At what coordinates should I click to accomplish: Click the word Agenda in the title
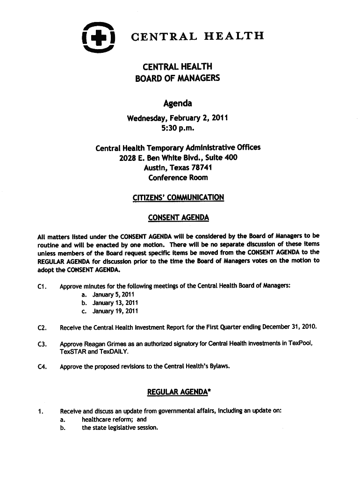(x=177, y=103)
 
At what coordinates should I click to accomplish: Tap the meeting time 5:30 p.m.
(x=177, y=127)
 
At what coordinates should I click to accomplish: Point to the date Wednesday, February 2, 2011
(x=177, y=117)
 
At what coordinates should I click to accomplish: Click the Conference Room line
(x=178, y=178)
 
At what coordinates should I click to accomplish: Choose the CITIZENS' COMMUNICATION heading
(x=178, y=197)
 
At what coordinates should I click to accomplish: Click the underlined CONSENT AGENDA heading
(x=178, y=218)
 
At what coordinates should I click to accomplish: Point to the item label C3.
(x=41, y=344)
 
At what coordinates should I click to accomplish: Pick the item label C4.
(x=41, y=367)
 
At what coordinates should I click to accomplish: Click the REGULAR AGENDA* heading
(x=178, y=392)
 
